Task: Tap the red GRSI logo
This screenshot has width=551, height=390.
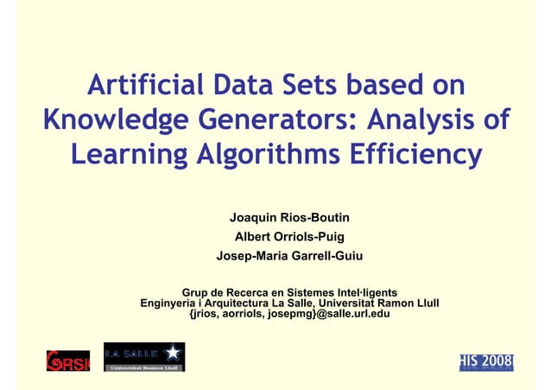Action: [x=67, y=360]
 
